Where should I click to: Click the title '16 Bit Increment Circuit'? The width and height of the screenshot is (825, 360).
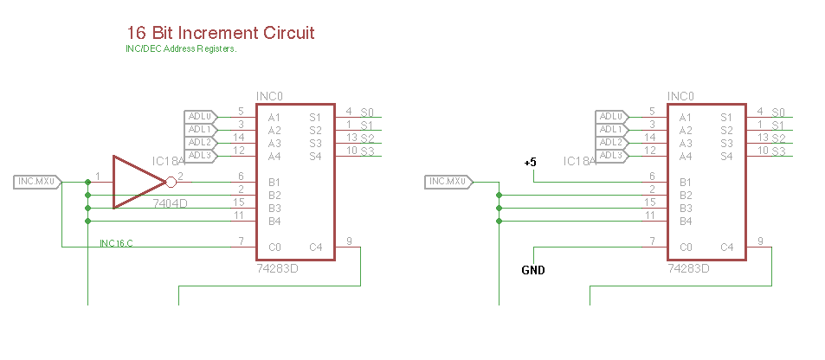(220, 33)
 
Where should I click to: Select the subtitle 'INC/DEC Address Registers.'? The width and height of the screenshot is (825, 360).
(182, 49)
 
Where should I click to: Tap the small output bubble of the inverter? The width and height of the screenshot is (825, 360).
(171, 182)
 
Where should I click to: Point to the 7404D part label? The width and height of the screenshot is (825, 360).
(171, 203)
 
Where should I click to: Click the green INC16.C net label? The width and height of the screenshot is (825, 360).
(117, 243)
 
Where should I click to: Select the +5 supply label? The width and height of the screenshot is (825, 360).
(530, 162)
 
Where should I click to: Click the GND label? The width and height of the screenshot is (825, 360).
(533, 271)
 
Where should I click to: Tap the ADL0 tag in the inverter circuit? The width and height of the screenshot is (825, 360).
(199, 117)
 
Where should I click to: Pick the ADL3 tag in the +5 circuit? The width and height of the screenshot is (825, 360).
(610, 155)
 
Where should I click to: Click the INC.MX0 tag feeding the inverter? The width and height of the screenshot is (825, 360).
(37, 182)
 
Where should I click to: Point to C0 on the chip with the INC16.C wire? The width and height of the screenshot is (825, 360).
(274, 247)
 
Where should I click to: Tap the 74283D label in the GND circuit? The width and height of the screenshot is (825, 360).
(689, 268)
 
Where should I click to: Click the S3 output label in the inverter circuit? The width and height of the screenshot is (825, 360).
(367, 151)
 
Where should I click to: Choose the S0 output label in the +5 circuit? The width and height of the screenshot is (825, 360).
(778, 112)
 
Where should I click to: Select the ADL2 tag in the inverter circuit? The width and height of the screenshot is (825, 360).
(199, 142)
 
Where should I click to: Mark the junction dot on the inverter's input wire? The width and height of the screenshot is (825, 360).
(87, 182)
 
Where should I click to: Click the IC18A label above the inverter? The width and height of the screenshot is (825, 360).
(167, 161)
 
